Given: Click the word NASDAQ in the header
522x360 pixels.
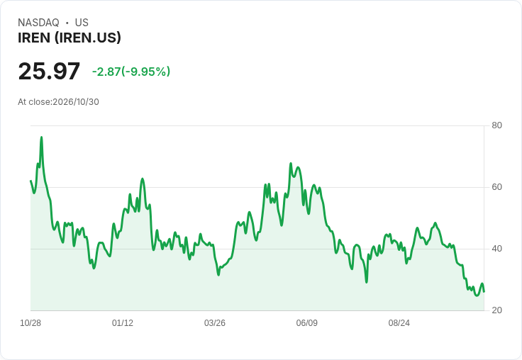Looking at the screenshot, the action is [x=38, y=23].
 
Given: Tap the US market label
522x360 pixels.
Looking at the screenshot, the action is [x=82, y=23].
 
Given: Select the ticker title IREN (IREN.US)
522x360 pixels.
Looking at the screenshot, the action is [x=70, y=38].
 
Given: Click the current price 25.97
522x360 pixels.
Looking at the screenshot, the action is [x=49, y=71].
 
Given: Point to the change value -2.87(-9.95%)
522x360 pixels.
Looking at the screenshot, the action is [x=131, y=72].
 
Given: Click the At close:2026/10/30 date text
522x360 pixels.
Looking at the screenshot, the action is [x=58, y=102].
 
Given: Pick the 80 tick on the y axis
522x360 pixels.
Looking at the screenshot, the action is [x=496, y=125].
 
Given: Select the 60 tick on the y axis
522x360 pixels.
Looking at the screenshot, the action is [x=496, y=187].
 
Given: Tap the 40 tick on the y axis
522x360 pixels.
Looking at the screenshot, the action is [x=496, y=249].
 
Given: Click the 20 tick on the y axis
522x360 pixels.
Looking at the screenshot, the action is [x=496, y=310].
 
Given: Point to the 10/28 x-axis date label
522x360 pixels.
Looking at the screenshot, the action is [x=30, y=323].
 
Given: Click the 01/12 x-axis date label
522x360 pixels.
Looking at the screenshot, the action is [x=123, y=323].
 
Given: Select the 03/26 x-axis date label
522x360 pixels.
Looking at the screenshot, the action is [x=215, y=323].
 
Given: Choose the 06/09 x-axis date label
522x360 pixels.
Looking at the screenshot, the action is [x=306, y=323].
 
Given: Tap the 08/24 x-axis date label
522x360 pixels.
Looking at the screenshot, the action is [x=399, y=323].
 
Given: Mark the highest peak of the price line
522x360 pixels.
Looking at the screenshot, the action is [x=41, y=137].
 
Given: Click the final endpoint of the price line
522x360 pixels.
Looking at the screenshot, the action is [x=484, y=292].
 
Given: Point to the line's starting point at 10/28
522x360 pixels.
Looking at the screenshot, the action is [x=30, y=181].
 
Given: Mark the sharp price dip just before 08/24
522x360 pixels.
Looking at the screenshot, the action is [x=367, y=282].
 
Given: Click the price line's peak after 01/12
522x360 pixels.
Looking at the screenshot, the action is [x=143, y=179].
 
